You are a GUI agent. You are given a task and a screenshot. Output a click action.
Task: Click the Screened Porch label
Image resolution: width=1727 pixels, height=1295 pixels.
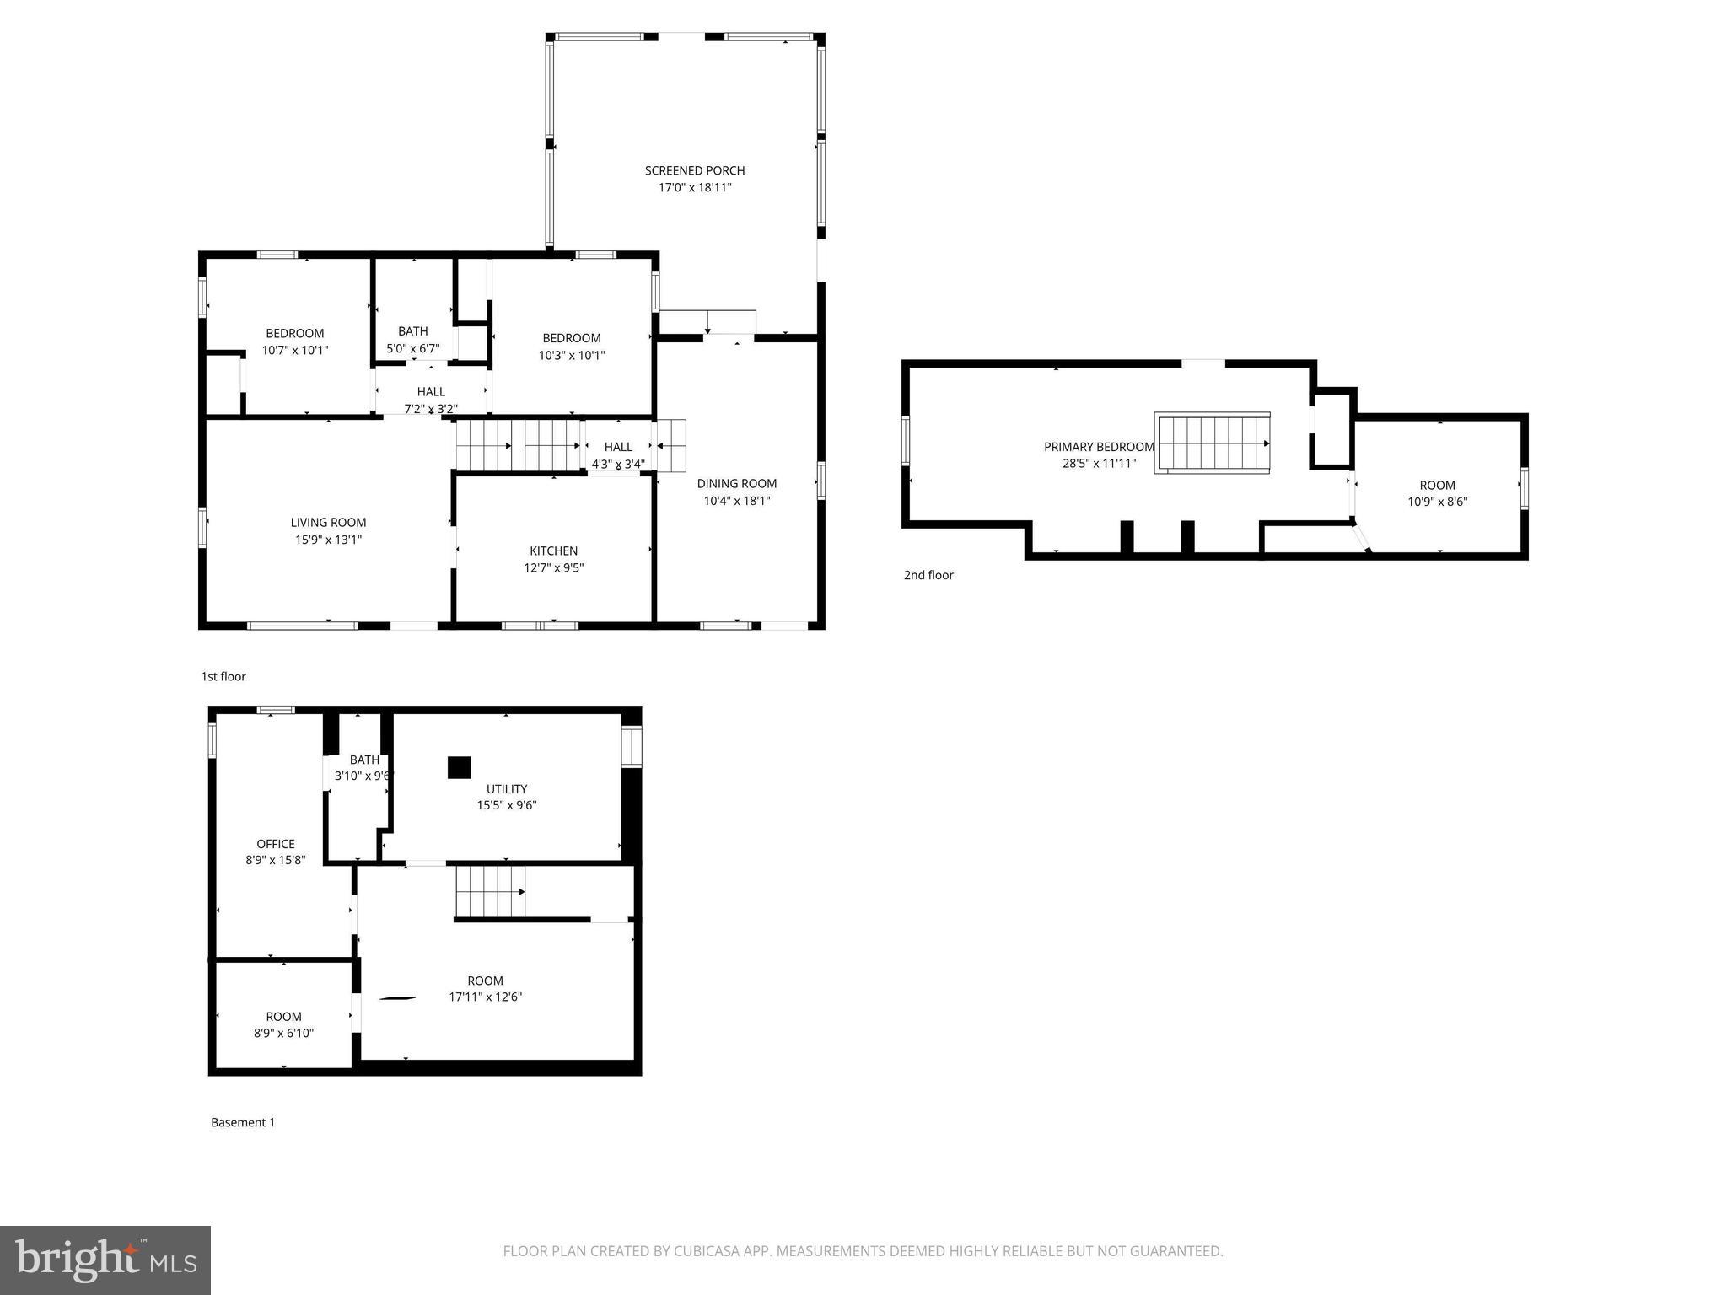pos(695,170)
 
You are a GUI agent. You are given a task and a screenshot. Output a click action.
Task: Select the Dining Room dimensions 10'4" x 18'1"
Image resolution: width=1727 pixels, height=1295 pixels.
pos(737,501)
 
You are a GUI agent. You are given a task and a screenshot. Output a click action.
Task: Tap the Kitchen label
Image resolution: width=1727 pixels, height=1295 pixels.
pos(553,551)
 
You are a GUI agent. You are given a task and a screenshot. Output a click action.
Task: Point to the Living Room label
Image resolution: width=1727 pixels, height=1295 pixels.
pos(328,523)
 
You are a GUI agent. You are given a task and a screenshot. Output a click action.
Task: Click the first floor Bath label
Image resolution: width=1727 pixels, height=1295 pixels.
pos(413,331)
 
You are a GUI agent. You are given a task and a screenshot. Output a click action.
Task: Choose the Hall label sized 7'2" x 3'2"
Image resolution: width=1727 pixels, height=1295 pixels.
pos(431,392)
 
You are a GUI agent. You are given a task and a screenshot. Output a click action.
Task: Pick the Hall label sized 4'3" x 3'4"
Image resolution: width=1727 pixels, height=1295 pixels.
pos(618,448)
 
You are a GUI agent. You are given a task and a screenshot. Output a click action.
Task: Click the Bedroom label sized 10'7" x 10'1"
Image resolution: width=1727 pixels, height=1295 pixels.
pos(294,334)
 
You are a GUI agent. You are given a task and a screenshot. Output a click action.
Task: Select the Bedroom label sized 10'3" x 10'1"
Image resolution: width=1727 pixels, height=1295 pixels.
pos(572,338)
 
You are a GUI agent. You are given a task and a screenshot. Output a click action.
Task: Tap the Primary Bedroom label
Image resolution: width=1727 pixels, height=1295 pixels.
pos(1098,447)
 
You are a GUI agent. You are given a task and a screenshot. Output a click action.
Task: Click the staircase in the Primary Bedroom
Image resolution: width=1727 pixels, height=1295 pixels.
pos(1213,443)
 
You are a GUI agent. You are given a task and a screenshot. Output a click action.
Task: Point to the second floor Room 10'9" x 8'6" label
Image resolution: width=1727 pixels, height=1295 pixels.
pos(1437,486)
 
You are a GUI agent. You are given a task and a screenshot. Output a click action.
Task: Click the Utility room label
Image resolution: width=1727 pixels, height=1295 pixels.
pos(507,789)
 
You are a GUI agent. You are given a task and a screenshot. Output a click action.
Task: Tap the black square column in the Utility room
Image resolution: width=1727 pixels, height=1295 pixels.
pos(459,767)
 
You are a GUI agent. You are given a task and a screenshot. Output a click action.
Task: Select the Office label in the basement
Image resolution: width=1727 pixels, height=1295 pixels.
pos(276,844)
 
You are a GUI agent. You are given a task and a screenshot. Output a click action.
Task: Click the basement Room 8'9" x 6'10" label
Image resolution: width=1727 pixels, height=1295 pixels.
pos(283,1017)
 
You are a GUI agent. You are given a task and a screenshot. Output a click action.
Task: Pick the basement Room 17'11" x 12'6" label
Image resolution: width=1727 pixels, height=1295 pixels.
pos(485,981)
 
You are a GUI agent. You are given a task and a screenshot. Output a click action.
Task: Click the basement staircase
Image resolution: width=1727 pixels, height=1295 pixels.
pos(490,891)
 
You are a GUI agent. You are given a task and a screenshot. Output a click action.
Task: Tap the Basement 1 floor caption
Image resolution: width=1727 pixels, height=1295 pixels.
pos(243,1122)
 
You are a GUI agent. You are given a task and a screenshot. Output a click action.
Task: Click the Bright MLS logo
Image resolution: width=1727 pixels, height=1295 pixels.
pos(105,1260)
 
